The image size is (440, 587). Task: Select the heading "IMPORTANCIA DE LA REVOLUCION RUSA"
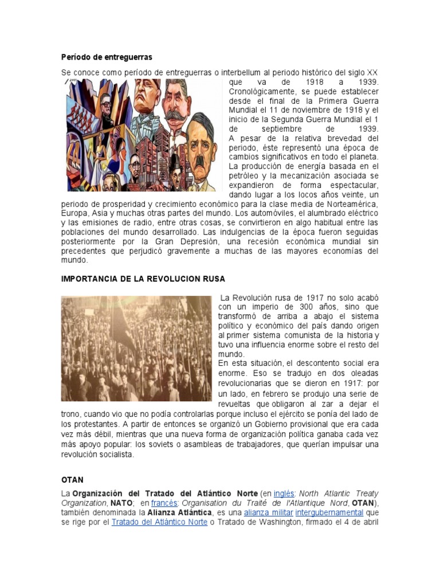pyautogui.click(x=143, y=279)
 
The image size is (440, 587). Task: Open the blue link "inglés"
pyautogui.click(x=284, y=493)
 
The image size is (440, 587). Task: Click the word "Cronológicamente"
pyautogui.click(x=261, y=92)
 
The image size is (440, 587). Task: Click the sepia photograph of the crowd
pyautogui.click(x=136, y=348)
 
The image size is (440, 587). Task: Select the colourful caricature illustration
pyautogui.click(x=142, y=135)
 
